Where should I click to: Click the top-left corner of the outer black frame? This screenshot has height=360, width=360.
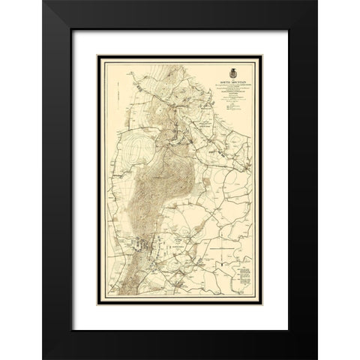(x=43, y=2)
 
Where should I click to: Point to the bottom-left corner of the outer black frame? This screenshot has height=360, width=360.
(x=43, y=358)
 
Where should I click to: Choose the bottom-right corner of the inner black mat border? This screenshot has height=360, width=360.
(x=287, y=330)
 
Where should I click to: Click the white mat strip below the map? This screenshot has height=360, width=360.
(x=180, y=313)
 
